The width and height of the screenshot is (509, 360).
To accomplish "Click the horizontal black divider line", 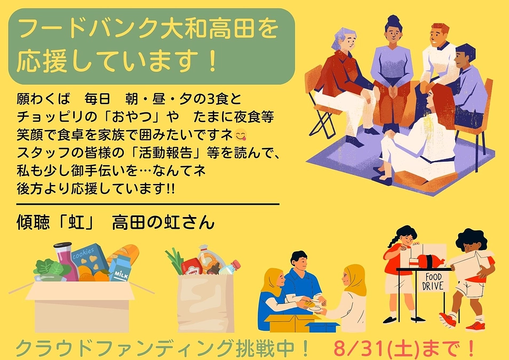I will [x=148, y=203].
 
